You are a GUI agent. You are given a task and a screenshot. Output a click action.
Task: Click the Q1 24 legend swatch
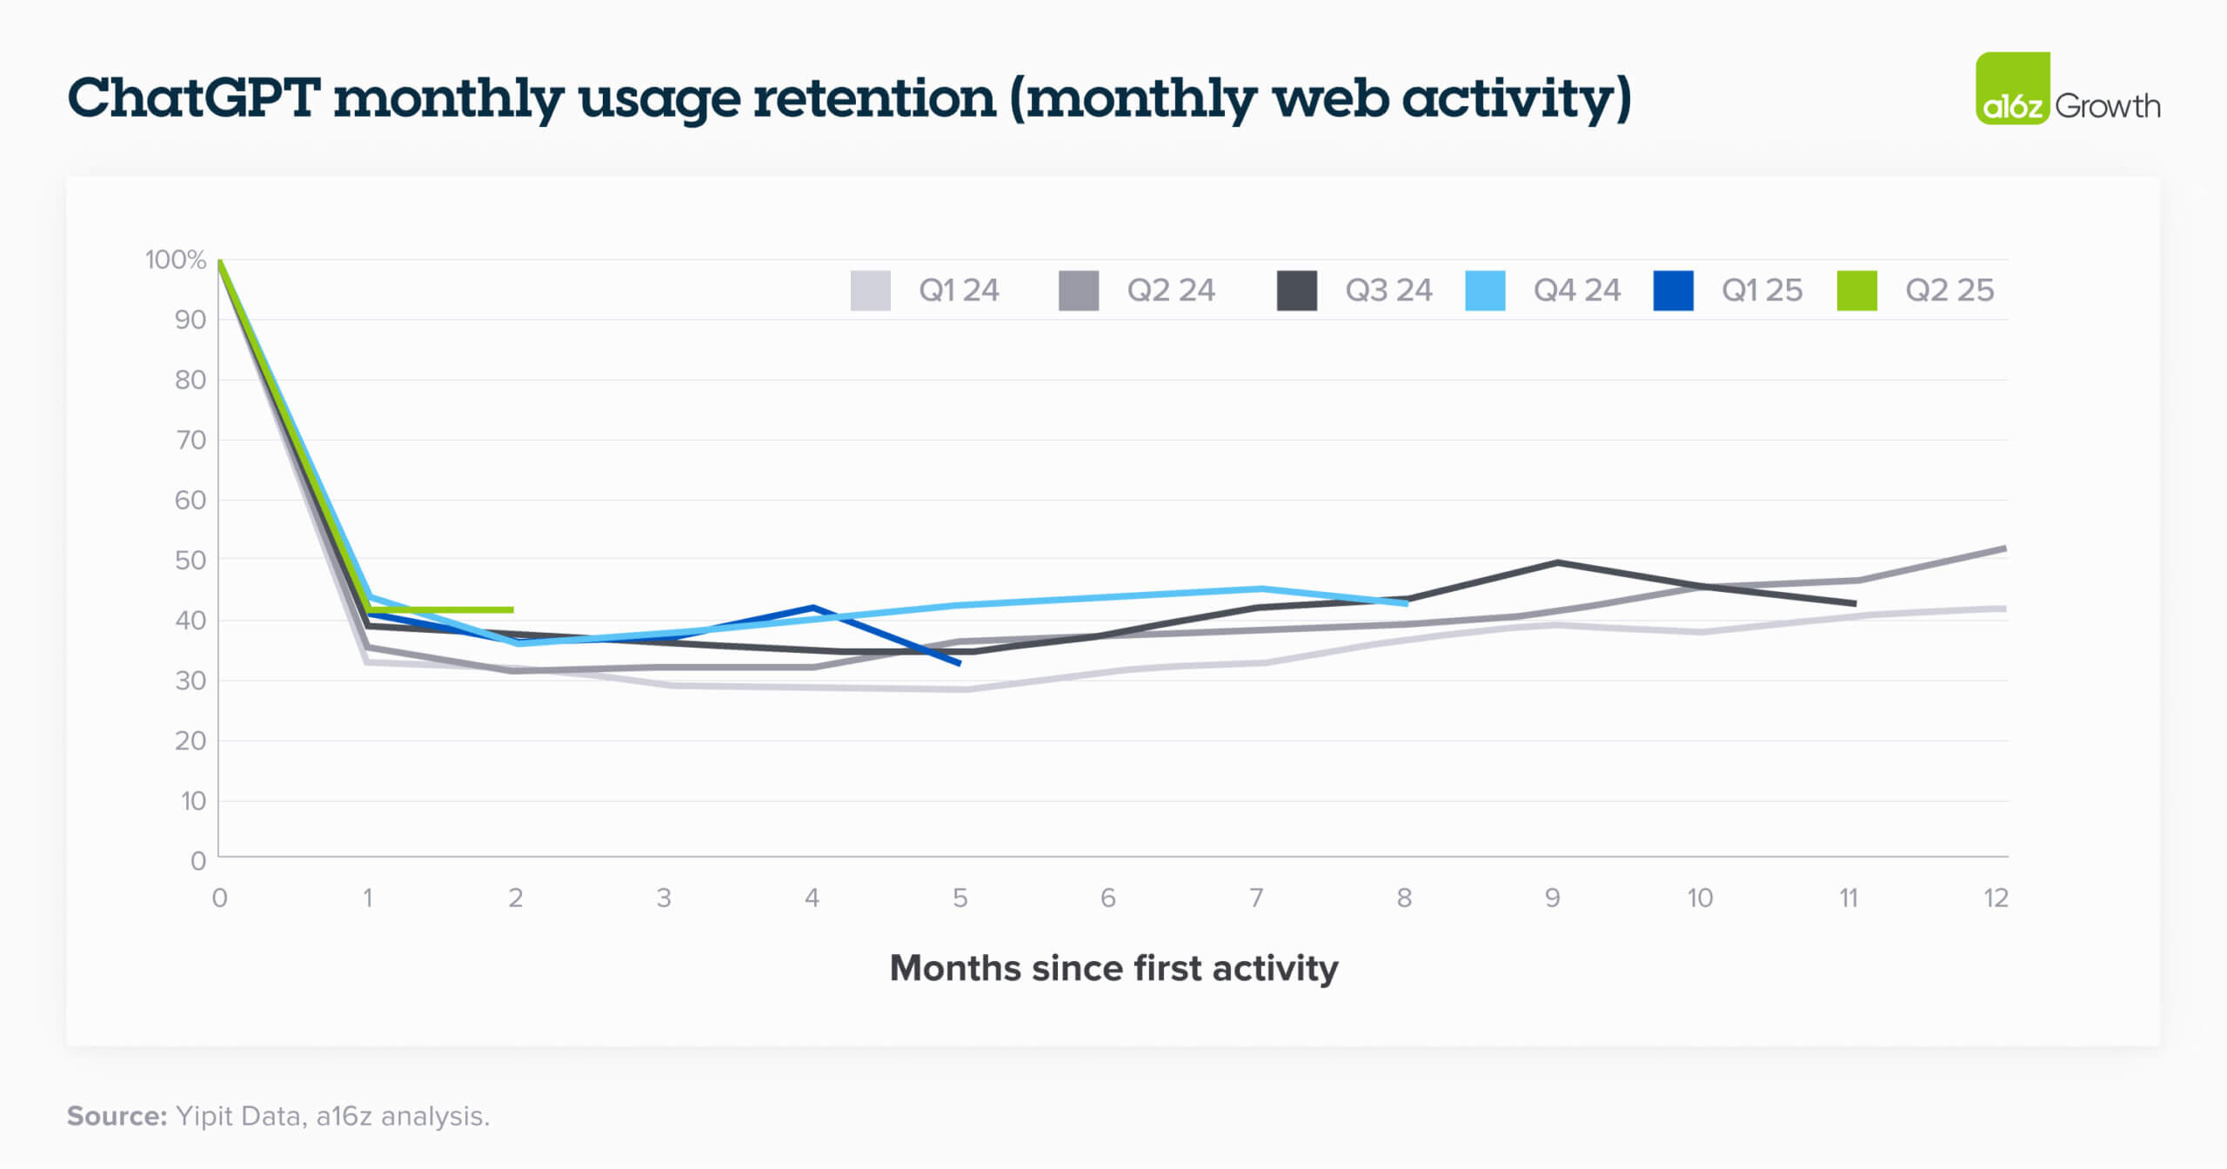870,291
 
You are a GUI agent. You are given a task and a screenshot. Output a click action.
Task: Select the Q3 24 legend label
1388,291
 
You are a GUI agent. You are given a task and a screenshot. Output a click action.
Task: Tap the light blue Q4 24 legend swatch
1485,291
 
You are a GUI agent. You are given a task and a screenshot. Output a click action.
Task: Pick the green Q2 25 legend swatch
1856,291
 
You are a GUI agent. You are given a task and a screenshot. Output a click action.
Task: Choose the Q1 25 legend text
1762,291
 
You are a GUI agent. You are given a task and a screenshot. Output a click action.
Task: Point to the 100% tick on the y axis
175,260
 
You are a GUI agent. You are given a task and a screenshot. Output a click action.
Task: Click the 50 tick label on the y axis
191,561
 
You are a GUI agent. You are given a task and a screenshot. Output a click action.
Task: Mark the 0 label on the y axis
198,861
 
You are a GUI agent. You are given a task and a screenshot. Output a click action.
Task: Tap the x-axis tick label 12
1996,898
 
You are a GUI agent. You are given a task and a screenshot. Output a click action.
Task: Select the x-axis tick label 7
1256,898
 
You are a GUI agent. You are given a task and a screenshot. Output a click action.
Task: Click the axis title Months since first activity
1113,969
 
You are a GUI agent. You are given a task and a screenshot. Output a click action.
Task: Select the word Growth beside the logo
2108,107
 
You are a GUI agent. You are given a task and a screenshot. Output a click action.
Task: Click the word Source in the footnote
117,1117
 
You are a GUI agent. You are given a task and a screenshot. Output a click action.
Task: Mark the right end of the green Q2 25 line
512,609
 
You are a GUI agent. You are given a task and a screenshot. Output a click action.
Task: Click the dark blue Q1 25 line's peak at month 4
813,607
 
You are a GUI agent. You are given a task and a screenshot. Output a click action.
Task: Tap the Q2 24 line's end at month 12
2004,548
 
